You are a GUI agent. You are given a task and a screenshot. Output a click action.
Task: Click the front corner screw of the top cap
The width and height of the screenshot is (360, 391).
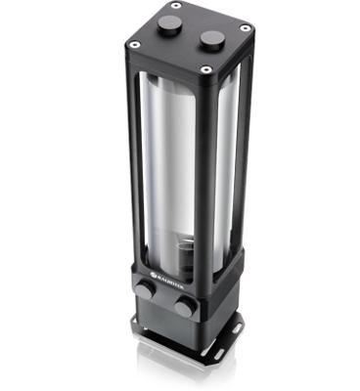click(204, 69)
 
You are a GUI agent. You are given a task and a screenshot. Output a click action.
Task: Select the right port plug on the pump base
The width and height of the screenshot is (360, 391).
click(184, 307)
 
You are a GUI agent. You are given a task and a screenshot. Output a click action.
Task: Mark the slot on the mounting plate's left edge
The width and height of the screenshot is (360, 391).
click(136, 327)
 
